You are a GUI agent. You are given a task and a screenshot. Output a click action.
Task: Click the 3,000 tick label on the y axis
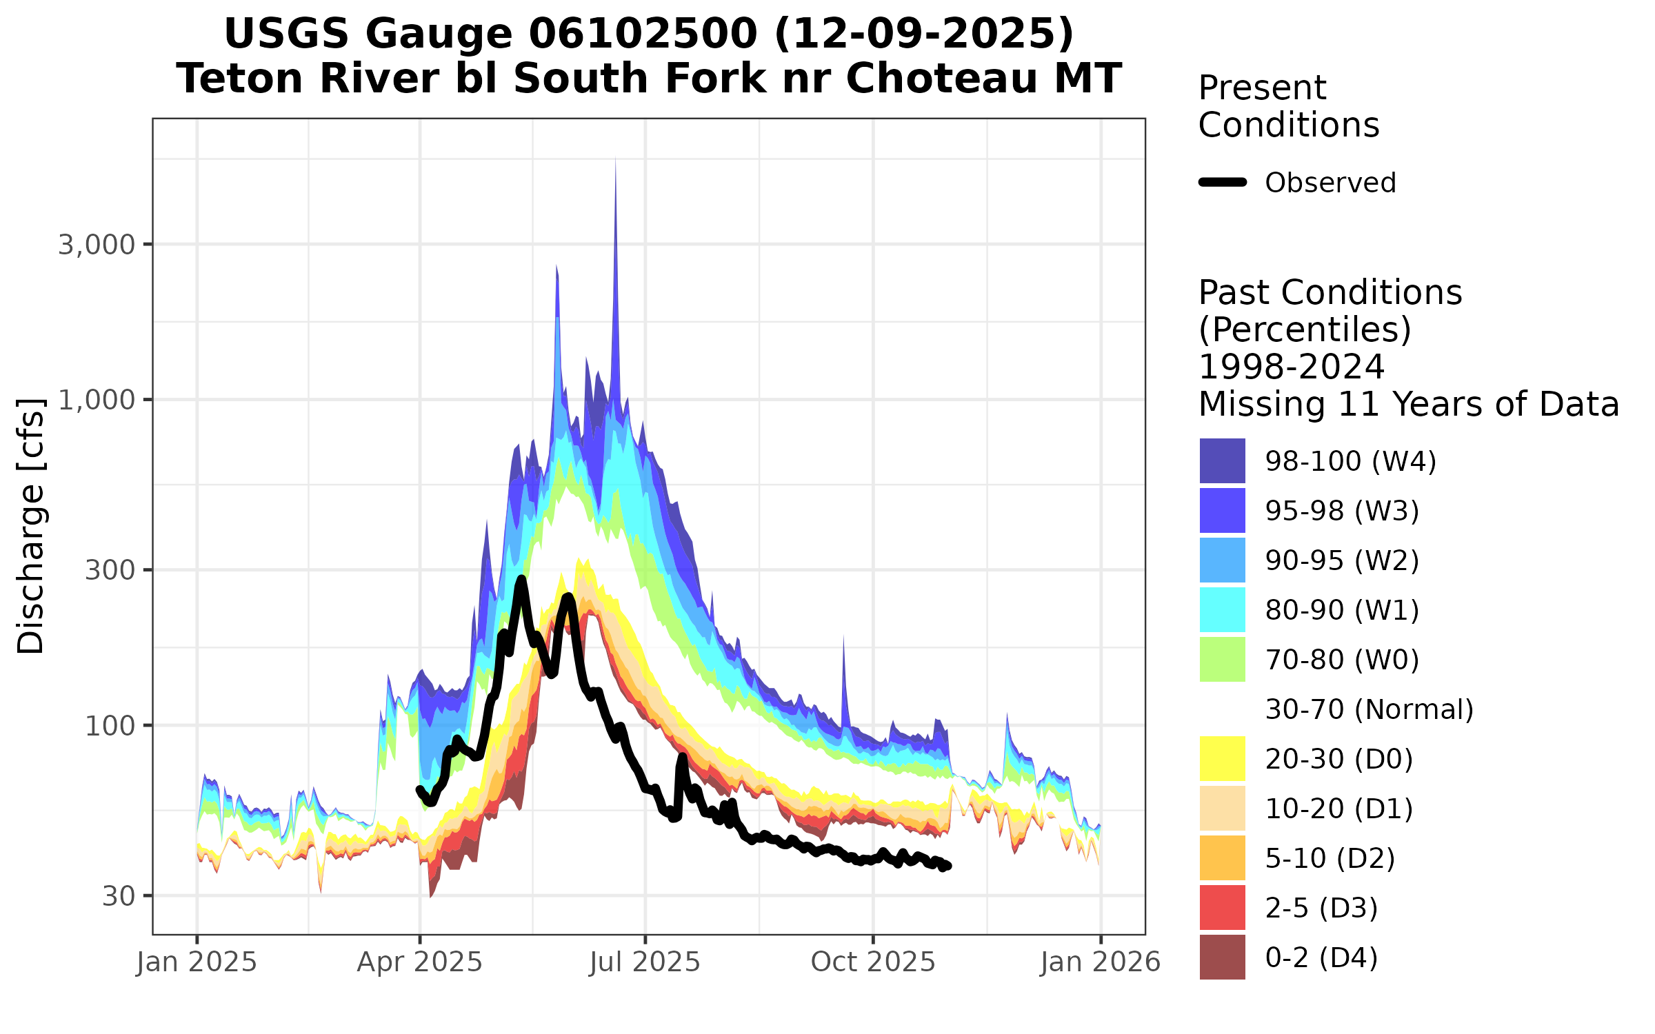pyautogui.click(x=96, y=245)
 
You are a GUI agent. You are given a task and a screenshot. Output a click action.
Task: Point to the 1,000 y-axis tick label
pyautogui.click(x=96, y=400)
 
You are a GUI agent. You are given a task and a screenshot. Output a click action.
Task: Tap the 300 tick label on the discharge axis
pyautogui.click(x=109, y=570)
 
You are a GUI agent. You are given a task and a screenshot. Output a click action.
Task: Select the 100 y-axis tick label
pyautogui.click(x=109, y=726)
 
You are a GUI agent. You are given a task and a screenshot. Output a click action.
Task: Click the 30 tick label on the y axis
pyautogui.click(x=118, y=896)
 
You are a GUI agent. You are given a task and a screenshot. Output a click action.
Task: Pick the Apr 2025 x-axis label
pyautogui.click(x=419, y=962)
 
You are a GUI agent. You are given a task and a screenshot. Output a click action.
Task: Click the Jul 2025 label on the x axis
pyautogui.click(x=645, y=962)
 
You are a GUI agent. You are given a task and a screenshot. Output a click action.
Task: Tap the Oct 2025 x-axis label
pyautogui.click(x=873, y=962)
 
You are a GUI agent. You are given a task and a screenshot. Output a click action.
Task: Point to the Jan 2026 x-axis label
pyautogui.click(x=1101, y=962)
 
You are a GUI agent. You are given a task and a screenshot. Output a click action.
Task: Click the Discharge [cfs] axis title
pyautogui.click(x=31, y=526)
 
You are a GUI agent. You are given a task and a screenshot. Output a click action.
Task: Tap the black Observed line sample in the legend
pyautogui.click(x=1223, y=183)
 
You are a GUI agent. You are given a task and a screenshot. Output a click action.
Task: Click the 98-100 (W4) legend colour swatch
pyautogui.click(x=1222, y=460)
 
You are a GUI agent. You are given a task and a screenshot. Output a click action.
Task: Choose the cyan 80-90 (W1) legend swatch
pyautogui.click(x=1222, y=609)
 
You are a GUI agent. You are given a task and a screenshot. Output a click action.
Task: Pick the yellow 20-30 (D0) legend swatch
pyautogui.click(x=1222, y=758)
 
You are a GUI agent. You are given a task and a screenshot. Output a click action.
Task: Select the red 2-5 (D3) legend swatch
pyautogui.click(x=1222, y=907)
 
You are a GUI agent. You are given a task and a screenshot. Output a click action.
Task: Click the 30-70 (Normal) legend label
pyautogui.click(x=1369, y=709)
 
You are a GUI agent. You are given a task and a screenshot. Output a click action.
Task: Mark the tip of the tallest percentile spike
pyautogui.click(x=615, y=159)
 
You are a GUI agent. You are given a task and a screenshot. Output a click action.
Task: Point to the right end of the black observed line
pyautogui.click(x=948, y=866)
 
